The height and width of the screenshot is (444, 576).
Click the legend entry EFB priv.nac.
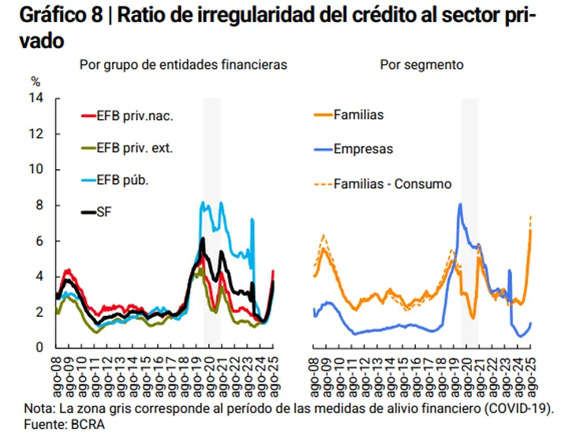pyautogui.click(x=134, y=117)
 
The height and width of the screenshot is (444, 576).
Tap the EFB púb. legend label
pyautogui.click(x=122, y=179)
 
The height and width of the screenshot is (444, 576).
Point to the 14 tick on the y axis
pyautogui.click(x=36, y=98)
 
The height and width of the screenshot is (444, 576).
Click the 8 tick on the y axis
pyautogui.click(x=39, y=205)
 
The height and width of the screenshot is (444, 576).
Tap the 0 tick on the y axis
pyautogui.click(x=39, y=348)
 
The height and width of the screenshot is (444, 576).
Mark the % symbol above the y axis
pyautogui.click(x=36, y=81)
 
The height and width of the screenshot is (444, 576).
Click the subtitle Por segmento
pyautogui.click(x=421, y=64)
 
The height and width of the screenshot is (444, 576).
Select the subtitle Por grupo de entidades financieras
pyautogui.click(x=183, y=64)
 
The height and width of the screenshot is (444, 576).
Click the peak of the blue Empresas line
pyautogui.click(x=460, y=205)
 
